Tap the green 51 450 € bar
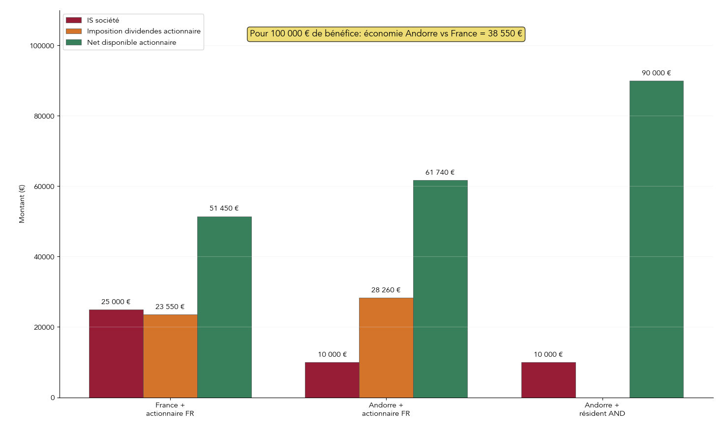[224, 307]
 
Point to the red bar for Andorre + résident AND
[548, 380]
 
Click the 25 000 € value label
[116, 302]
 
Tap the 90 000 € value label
[656, 73]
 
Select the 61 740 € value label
[440, 172]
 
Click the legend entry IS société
[103, 20]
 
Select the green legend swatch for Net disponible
[74, 42]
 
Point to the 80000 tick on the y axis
[42, 116]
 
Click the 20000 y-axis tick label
[42, 327]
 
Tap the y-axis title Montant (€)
[22, 204]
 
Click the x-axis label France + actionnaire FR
[170, 409]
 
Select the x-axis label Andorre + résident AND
[602, 409]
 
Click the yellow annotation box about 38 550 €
[386, 34]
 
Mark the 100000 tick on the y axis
[42, 46]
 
